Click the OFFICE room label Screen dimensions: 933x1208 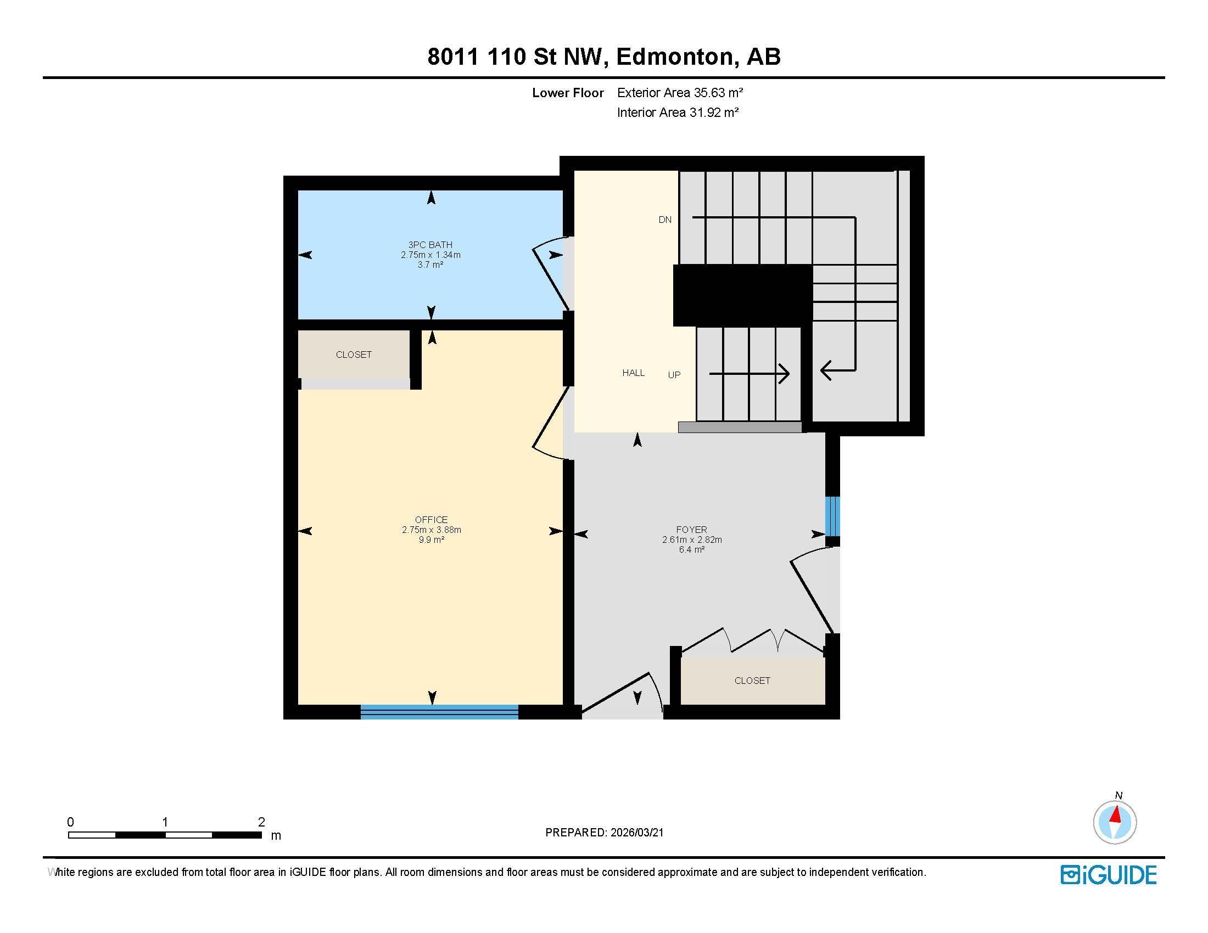pos(431,520)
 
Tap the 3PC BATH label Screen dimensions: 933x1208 pos(430,245)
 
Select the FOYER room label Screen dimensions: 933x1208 pos(691,530)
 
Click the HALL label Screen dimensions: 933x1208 pos(633,373)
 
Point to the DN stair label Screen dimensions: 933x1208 pos(665,220)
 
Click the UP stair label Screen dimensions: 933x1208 pos(674,375)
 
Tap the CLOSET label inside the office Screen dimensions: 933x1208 pos(354,355)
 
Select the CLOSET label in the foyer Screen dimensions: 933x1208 pos(752,681)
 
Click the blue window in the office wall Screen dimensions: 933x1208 pos(439,712)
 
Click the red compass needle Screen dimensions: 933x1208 pos(1116,814)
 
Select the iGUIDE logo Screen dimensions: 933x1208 pos(1109,875)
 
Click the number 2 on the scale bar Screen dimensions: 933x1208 pos(261,822)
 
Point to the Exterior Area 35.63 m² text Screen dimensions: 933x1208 pos(680,93)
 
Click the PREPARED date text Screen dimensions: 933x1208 pos(604,833)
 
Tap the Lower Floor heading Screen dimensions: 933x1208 pos(568,93)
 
